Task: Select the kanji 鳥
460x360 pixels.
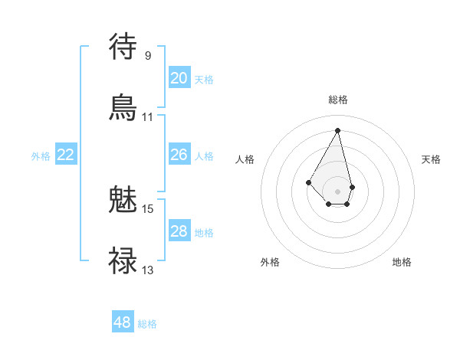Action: click(123, 107)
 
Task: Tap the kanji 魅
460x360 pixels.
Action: click(123, 200)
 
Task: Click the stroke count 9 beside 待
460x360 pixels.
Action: click(148, 55)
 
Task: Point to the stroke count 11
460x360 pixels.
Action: click(148, 117)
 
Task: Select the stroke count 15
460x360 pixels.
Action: click(148, 208)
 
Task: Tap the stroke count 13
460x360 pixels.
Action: click(148, 270)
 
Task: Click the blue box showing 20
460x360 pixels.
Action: click(179, 78)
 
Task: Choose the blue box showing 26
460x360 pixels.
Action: click(179, 155)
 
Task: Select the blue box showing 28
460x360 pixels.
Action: click(179, 231)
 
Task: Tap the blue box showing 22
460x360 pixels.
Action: click(66, 155)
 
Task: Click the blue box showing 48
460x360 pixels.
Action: click(123, 322)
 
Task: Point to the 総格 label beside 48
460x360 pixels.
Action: click(147, 324)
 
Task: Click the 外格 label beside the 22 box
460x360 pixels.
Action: click(41, 156)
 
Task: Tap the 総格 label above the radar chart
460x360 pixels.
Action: click(337, 100)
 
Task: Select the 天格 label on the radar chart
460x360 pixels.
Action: click(431, 159)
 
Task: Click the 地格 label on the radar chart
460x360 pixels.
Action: click(402, 262)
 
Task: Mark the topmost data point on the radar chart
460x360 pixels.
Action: click(337, 129)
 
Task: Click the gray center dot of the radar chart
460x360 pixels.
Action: click(337, 191)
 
